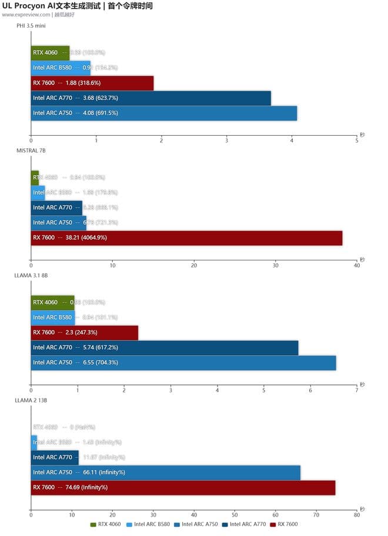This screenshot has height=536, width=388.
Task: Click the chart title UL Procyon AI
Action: pos(77,6)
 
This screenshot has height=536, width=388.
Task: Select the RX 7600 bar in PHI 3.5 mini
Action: pos(92,83)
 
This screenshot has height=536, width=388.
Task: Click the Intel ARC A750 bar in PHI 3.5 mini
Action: pos(164,113)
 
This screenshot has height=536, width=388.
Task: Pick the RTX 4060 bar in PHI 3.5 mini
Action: pos(50,53)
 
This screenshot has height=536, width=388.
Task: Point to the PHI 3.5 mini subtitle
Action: pos(31,26)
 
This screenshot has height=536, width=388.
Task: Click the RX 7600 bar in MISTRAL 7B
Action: pos(186,238)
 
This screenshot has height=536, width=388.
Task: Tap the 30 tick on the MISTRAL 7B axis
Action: pos(276,266)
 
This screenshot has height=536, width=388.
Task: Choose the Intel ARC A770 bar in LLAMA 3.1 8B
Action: pos(165,348)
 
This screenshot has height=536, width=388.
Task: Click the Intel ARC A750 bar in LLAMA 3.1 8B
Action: pos(183,363)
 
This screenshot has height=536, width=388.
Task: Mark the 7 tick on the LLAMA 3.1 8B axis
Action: pos(357,390)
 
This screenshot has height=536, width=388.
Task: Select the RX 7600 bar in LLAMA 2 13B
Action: pos(183,487)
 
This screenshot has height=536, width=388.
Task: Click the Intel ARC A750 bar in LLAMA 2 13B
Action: pos(165,472)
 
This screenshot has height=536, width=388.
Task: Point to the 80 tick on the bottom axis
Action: pos(357,514)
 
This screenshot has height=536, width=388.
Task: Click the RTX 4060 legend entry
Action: pos(106,524)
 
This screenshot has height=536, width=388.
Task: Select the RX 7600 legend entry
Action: pos(285,524)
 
